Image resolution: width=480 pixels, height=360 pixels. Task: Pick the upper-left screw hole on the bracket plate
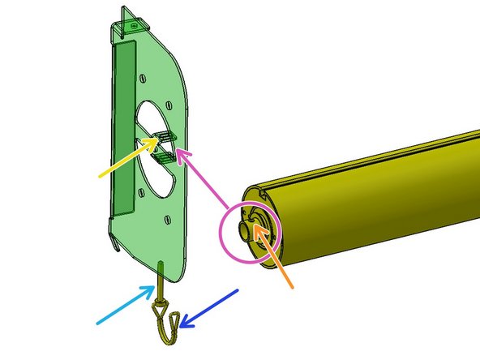coord(143,79)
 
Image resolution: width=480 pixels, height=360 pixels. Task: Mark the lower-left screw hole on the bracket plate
coord(143,192)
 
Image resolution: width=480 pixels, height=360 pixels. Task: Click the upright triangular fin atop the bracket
coord(123,17)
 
